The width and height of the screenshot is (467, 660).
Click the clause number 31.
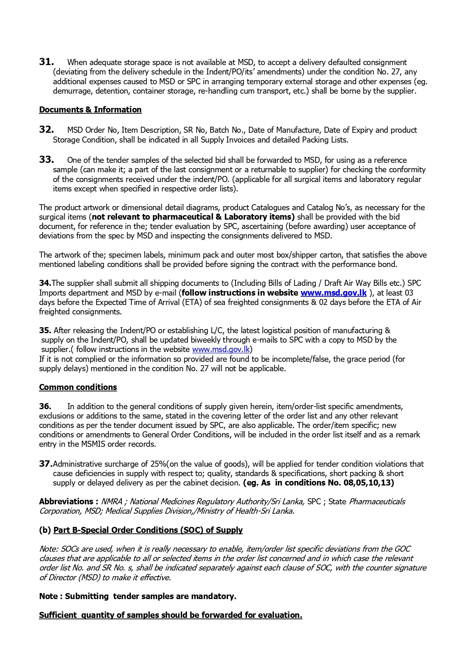coord(46,62)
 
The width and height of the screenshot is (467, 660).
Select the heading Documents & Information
coord(90,110)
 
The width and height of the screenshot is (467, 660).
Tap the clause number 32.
coord(46,130)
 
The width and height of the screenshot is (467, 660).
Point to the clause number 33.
coord(46,160)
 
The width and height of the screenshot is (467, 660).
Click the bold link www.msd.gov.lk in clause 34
coord(333,293)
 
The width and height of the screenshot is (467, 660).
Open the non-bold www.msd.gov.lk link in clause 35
coord(221,349)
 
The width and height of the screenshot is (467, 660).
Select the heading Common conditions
coord(78,387)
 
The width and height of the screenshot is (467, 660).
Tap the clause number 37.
coord(46,464)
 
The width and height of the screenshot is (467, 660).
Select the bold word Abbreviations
coord(66,502)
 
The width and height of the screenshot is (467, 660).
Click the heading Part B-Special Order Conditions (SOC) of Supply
coord(148,530)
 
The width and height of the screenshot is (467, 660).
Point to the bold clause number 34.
coord(45,283)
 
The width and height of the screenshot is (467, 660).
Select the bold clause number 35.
coord(45,331)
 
